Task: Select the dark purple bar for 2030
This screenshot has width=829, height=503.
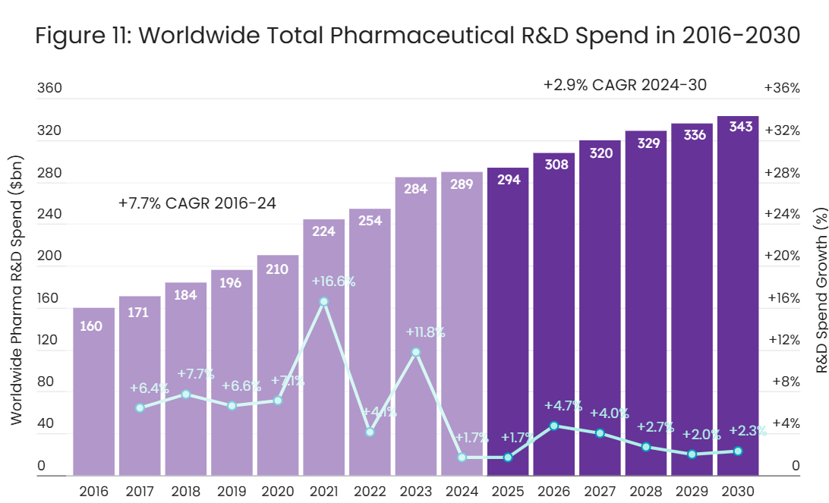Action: pos(738,303)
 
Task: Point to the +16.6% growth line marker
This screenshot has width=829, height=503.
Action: pos(324,301)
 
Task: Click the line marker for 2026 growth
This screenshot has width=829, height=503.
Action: pos(554,426)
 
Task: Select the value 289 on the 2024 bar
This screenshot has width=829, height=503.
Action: pos(462,184)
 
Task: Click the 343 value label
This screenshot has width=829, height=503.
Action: pos(740,127)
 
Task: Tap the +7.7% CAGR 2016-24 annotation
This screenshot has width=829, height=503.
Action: pos(197,203)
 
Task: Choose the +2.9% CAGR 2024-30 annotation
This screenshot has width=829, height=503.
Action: pos(625,85)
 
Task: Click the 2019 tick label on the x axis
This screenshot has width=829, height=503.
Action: pos(232,490)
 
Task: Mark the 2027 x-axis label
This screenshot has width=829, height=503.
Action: pos(600,490)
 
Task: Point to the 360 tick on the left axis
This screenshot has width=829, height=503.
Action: pos(49,88)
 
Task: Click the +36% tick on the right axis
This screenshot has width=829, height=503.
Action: pos(782,88)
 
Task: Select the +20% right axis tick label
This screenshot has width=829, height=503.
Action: pos(783,256)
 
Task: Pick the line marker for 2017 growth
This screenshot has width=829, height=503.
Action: pos(140,407)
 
